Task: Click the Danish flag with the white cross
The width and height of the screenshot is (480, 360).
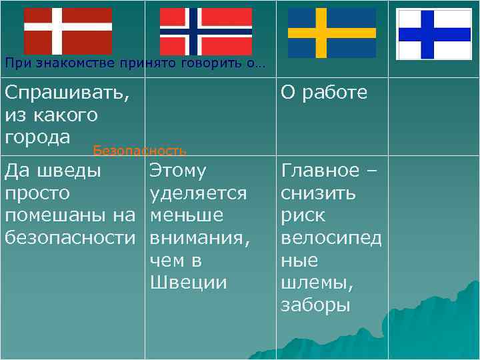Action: [68, 31]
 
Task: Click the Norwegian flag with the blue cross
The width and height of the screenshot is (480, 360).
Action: [206, 31]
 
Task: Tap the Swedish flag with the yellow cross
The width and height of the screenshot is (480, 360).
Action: [331, 33]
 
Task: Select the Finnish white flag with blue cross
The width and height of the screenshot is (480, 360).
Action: [434, 34]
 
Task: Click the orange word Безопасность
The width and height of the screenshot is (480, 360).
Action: [139, 151]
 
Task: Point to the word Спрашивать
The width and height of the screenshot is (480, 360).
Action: [67, 93]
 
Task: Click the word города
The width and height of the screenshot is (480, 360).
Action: [37, 137]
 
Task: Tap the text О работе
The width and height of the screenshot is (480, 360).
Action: [324, 93]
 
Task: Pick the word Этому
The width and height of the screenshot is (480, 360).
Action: [178, 171]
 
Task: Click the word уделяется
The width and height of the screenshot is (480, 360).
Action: [199, 193]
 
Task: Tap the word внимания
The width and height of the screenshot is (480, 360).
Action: [199, 238]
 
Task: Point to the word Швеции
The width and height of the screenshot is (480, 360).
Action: [189, 283]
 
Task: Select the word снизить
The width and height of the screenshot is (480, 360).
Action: [318, 193]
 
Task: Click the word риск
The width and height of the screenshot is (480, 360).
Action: [303, 215]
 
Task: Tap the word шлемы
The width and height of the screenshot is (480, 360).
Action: [317, 283]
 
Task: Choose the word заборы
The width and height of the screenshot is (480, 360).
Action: [315, 305]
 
